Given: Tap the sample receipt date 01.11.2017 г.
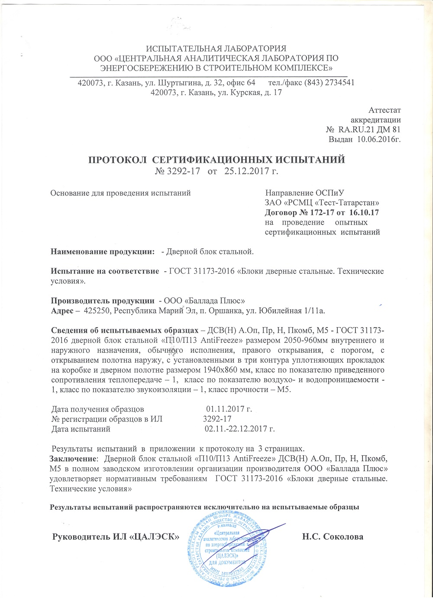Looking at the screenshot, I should [229, 409].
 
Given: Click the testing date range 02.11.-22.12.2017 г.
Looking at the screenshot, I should [239, 429].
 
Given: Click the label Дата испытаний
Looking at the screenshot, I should [81, 429].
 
